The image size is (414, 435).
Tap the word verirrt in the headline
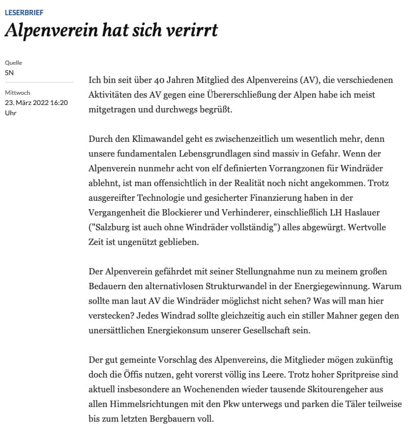coord(190,30)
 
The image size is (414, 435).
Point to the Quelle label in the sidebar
coord(13,63)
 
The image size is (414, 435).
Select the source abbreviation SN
coord(9,73)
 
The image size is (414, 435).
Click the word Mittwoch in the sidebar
coord(17,93)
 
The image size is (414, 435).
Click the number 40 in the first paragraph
coord(156,80)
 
